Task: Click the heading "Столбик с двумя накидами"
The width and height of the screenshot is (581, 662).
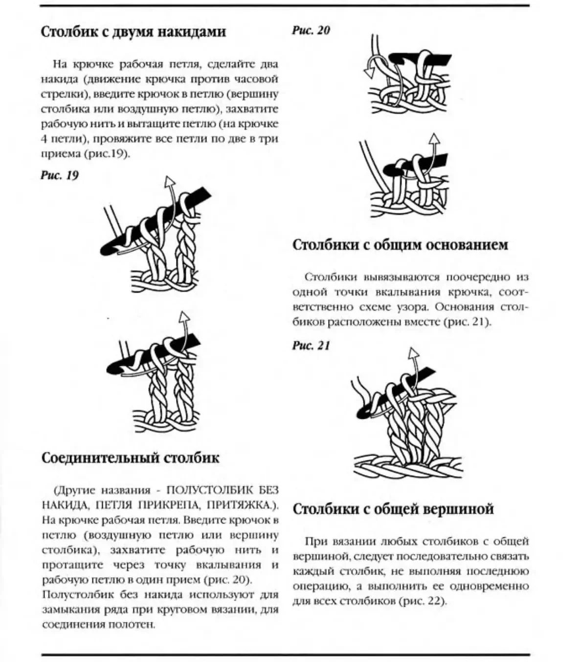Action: [x=133, y=32]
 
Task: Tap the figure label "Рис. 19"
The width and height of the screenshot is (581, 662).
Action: [x=59, y=175]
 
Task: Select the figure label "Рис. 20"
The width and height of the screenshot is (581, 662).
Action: [x=311, y=31]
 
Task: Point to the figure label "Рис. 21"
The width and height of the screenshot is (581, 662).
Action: [x=311, y=346]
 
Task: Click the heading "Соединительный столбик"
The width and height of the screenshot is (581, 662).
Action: [x=130, y=458]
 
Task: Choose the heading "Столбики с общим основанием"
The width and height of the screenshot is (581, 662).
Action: [x=400, y=245]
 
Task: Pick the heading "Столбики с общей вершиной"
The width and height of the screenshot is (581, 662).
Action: [x=393, y=509]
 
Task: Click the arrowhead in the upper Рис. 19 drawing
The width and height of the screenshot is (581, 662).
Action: [x=169, y=182]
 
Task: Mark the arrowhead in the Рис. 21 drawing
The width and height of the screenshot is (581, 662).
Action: [x=414, y=352]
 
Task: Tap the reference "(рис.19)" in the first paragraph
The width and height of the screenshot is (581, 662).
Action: [x=108, y=154]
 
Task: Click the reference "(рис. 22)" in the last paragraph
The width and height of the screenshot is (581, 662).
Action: [x=423, y=601]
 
